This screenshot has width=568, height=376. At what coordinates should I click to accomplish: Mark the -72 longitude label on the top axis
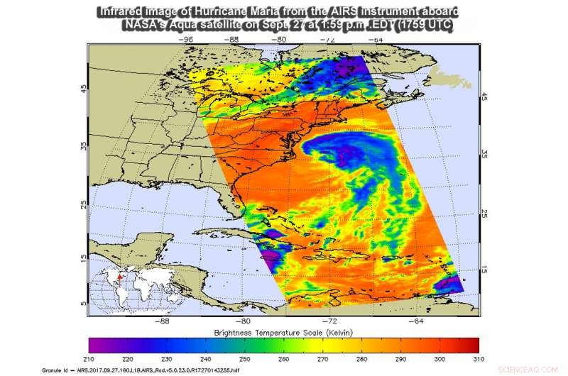[x=329, y=40]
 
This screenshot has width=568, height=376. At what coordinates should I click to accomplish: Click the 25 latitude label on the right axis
[x=486, y=213]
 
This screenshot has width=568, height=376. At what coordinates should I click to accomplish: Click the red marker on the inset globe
[x=120, y=278]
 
